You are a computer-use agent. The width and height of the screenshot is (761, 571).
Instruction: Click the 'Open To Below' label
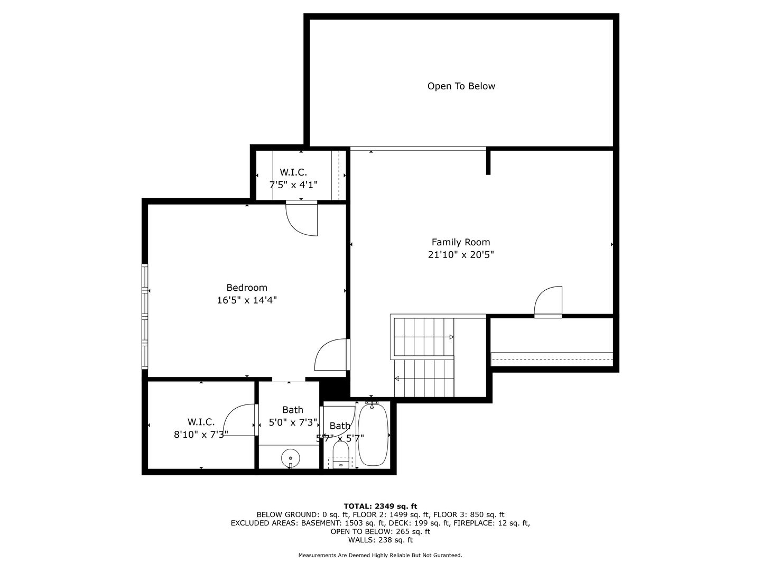click(461, 86)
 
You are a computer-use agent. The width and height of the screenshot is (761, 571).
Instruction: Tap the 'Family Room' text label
click(461, 242)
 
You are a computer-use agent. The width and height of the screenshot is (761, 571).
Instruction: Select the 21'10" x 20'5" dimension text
click(461, 255)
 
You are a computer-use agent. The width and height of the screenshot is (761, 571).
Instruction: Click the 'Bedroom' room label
click(247, 288)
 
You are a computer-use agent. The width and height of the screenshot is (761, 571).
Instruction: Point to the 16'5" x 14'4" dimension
click(247, 300)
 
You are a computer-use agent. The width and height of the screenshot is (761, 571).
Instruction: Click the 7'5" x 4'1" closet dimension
click(293, 185)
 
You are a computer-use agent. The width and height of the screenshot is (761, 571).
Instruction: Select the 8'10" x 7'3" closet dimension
click(201, 435)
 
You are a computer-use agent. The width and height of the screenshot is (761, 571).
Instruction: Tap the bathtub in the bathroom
click(373, 435)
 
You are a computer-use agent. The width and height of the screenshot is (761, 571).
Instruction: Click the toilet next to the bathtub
click(341, 455)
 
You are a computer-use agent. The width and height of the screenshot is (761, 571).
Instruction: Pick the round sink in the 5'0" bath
click(290, 457)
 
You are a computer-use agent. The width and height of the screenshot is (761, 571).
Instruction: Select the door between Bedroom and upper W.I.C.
click(302, 218)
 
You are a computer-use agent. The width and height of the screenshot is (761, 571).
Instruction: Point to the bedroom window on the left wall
click(144, 316)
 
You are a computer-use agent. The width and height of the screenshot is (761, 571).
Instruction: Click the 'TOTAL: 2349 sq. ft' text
click(380, 506)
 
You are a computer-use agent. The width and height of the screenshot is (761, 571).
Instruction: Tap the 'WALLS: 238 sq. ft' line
click(380, 540)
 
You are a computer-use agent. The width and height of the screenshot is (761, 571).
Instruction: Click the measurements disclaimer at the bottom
click(380, 555)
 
